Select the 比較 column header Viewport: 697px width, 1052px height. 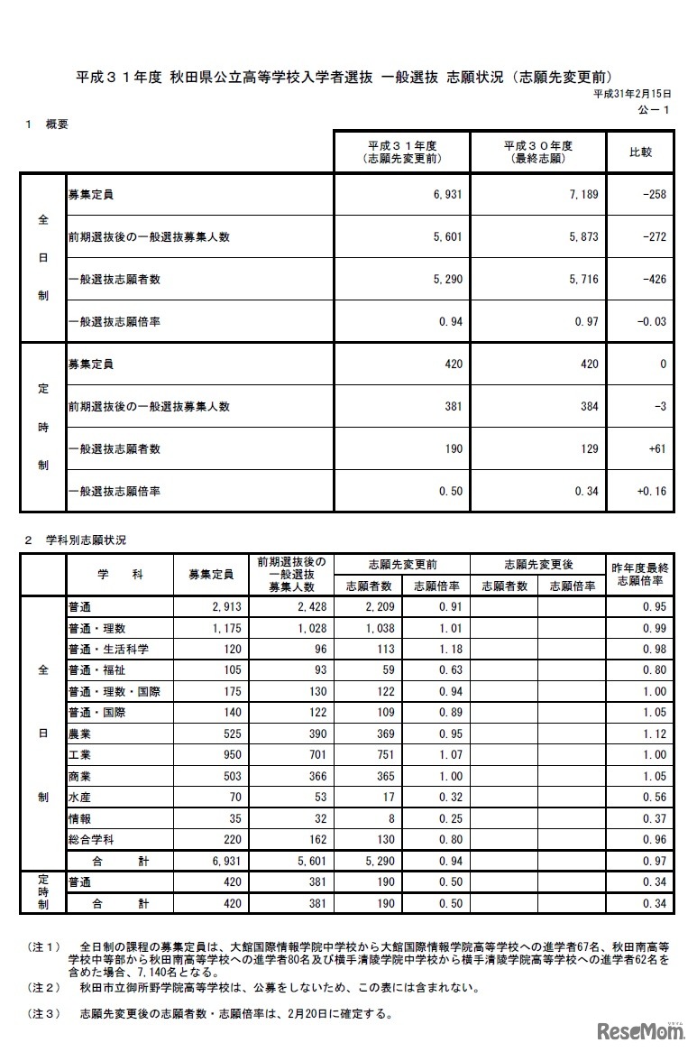click(640, 152)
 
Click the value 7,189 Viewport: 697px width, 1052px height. click(583, 194)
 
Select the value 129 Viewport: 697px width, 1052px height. click(590, 448)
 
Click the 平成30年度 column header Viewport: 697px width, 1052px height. click(538, 152)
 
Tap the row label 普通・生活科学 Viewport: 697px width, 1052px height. click(108, 649)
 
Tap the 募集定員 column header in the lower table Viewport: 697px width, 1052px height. click(210, 575)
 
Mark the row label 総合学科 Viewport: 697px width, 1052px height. click(93, 839)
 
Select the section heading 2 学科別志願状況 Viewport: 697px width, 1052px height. click(76, 540)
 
